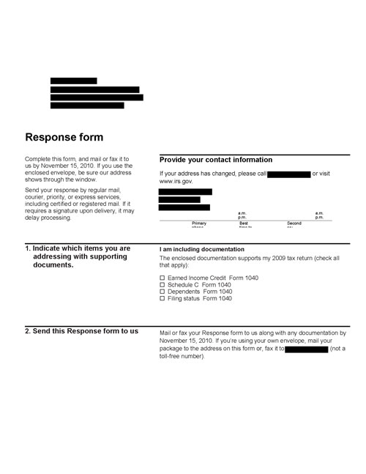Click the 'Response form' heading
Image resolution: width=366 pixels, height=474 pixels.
[64, 138]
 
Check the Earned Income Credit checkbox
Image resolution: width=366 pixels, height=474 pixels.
[163, 278]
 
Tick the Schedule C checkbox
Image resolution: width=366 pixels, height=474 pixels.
[163, 285]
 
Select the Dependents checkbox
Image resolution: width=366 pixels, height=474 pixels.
[163, 292]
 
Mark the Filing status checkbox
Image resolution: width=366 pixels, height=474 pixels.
[163, 299]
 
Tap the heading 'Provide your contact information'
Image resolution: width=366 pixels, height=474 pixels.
[215, 160]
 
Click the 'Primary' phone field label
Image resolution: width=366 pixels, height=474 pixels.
[199, 223]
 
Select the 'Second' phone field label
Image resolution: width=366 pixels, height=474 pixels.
[294, 223]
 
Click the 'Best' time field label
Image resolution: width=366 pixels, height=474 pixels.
[244, 223]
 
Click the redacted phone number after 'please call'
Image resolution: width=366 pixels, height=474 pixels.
[289, 174]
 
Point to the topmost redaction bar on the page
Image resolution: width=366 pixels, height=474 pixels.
[73, 81]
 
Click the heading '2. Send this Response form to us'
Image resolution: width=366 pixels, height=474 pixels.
[81, 331]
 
